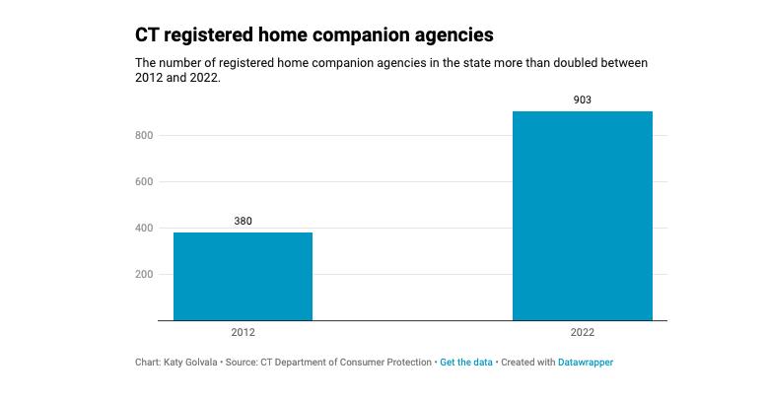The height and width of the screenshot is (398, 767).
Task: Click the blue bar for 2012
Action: pos(243,276)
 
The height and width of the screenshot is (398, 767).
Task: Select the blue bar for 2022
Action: pos(582,215)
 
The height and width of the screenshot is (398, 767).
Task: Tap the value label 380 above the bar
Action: pos(243,221)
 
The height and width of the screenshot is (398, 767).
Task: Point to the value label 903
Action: pos(582,99)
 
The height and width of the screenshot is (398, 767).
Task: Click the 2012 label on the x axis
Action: pos(243,334)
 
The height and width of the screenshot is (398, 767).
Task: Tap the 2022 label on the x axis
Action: pos(582,334)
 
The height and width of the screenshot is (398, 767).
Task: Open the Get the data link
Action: pos(465,363)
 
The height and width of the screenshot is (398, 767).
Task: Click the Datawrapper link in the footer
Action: pos(586,363)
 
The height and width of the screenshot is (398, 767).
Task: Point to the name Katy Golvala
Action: pos(190,363)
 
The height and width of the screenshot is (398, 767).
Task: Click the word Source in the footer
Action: pos(242,363)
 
